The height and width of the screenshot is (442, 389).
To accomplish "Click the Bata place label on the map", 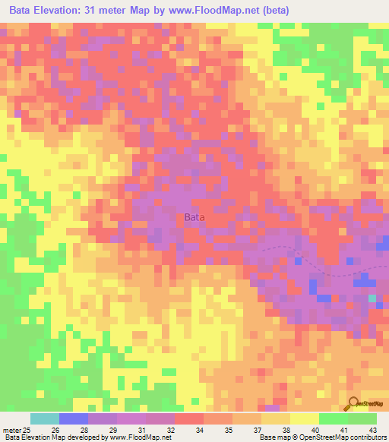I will click(x=194, y=218).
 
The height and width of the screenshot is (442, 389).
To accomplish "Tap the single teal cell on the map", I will click(x=372, y=298).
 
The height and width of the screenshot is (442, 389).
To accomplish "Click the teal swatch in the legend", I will click(x=45, y=418).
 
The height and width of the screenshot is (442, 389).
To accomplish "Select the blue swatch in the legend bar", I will click(x=74, y=418).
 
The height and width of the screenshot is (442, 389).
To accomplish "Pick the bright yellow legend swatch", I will click(x=305, y=418).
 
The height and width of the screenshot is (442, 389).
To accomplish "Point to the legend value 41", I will click(x=345, y=429).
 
